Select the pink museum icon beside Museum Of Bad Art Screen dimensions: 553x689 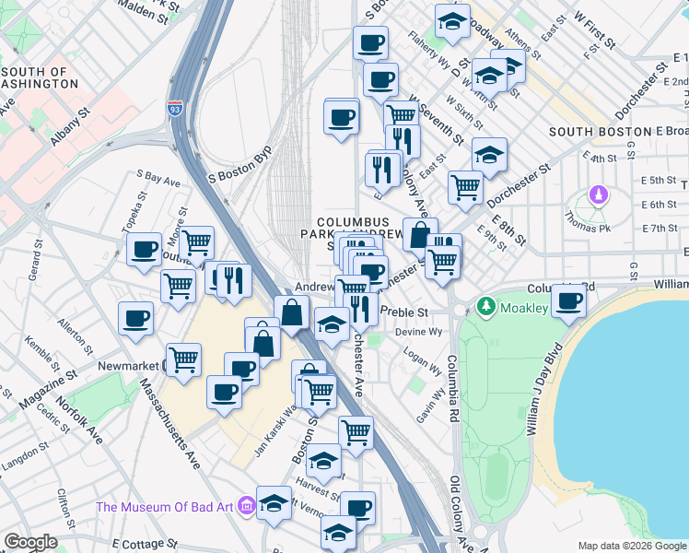246,506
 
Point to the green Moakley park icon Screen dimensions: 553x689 485,304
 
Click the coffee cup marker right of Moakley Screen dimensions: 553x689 569,300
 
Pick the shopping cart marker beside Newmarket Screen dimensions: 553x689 184,358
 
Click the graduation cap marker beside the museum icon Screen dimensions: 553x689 274,503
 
